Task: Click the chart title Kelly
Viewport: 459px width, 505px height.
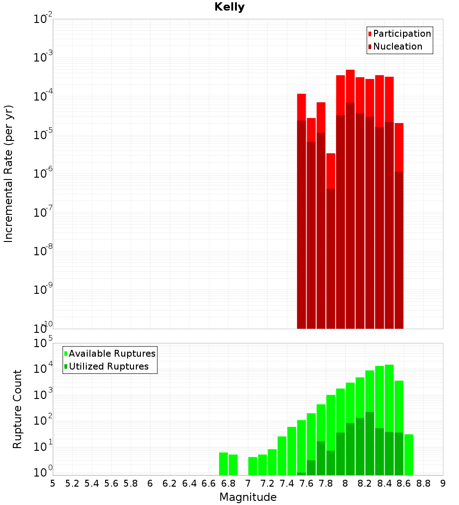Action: [229, 7]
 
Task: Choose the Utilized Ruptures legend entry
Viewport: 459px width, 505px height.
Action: [108, 366]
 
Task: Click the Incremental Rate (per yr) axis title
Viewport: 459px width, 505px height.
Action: [9, 174]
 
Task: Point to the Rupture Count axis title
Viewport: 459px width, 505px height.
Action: [17, 409]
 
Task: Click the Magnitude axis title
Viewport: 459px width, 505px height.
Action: [248, 497]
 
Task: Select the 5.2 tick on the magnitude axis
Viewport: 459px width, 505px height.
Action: [73, 483]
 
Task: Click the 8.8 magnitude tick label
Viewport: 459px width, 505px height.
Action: [424, 483]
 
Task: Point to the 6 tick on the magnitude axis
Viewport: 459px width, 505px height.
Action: [150, 483]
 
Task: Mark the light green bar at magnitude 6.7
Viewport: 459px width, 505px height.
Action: [224, 464]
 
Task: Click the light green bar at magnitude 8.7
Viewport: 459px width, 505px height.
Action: [409, 454]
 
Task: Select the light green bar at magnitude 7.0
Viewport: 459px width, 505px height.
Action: [252, 466]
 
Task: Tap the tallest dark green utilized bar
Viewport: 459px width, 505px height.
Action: [369, 443]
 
